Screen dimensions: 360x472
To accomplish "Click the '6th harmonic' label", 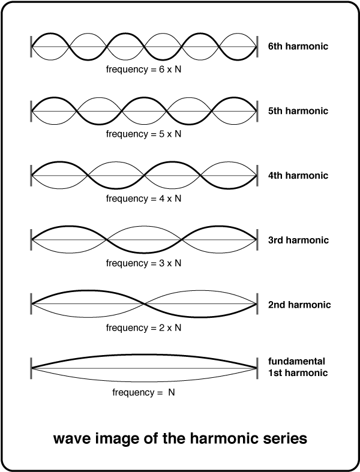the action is (298, 46).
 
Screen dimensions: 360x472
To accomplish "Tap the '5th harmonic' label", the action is (298, 111).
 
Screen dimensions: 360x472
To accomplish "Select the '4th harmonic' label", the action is (298, 175).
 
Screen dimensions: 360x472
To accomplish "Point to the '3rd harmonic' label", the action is (298, 240).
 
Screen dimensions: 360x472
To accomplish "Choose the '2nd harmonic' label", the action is (299, 305).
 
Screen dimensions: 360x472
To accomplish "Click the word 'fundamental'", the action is (297, 361).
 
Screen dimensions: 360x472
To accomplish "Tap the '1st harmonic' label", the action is (298, 372).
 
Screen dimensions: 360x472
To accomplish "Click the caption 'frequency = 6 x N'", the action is (143, 70).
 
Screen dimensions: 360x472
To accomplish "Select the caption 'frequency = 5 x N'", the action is (143, 134).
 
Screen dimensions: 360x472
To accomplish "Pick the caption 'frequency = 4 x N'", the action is (143, 199).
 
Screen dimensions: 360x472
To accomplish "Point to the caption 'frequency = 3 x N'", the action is (143, 263).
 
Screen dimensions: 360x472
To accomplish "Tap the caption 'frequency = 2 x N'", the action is (143, 327).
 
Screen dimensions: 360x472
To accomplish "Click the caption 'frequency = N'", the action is (143, 392).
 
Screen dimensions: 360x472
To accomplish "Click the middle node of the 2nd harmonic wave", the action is (144, 303).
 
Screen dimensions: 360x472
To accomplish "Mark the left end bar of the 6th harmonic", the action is (31, 46).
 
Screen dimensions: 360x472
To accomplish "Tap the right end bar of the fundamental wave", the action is (257, 368).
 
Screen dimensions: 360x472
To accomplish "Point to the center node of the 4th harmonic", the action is (144, 175).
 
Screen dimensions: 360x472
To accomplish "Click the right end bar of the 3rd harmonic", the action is (257, 240).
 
